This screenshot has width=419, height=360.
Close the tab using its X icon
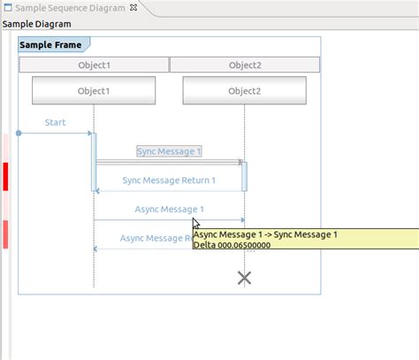[x=133, y=7]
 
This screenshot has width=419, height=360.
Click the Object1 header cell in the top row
[x=94, y=65]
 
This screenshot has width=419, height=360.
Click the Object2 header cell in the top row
[x=244, y=65]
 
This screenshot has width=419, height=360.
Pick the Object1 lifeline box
[x=94, y=90]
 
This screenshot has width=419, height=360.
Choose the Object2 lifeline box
[x=244, y=90]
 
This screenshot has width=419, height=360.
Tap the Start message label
[x=55, y=122]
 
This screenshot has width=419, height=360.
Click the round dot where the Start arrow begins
[x=19, y=134]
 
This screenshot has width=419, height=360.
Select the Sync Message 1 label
[x=169, y=151]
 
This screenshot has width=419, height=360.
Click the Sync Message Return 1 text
[x=169, y=180]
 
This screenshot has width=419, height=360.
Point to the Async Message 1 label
[x=169, y=210]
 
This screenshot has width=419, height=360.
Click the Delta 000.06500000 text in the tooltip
[x=232, y=245]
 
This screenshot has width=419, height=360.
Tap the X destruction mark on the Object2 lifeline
[x=245, y=278]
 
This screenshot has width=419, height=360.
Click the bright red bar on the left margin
[x=6, y=176]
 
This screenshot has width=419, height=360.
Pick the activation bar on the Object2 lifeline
[x=245, y=176]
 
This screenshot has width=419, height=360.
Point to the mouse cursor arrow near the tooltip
[x=195, y=224]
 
